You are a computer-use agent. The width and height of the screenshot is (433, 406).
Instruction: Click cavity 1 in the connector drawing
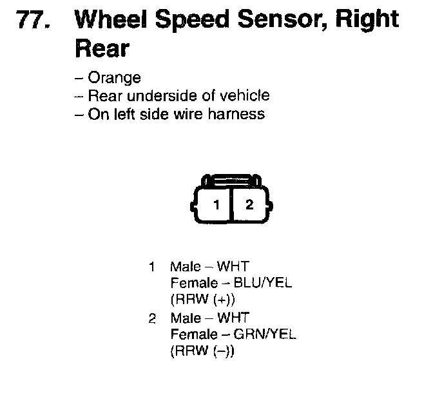217,205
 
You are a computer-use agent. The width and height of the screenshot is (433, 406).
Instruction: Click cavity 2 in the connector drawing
249,205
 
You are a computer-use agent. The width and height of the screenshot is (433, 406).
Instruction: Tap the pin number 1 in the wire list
152,266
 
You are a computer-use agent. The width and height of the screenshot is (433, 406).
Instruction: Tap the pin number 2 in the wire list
152,318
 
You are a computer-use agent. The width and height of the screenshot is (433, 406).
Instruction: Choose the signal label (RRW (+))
203,300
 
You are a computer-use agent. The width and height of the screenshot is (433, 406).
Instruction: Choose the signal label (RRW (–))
203,352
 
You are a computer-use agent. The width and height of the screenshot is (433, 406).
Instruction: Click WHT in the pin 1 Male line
233,266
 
